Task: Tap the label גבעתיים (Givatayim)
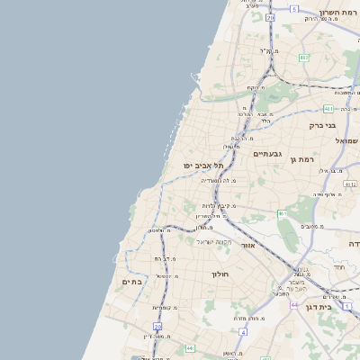(x=268, y=154)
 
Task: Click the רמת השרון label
(x=338, y=14)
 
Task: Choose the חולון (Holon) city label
(x=221, y=274)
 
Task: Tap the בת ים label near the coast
(x=131, y=282)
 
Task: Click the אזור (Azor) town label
(x=249, y=245)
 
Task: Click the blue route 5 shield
(x=293, y=9)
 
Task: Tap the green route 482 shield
(x=304, y=58)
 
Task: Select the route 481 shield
(x=175, y=108)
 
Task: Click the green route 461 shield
(x=281, y=213)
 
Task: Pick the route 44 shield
(x=293, y=305)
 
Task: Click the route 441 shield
(x=190, y=347)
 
